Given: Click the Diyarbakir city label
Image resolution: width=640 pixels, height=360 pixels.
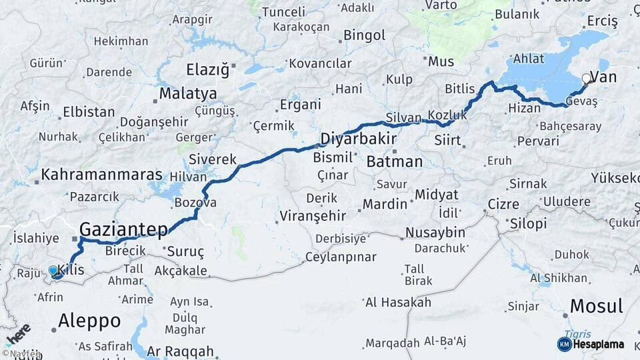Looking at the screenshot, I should coord(359,139).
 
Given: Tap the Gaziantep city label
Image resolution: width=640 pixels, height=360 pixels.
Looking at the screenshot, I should coord(124,229).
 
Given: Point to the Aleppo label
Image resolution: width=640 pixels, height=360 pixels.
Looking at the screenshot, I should coord(89,321).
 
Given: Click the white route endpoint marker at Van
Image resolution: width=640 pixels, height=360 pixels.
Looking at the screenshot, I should coord(587,79).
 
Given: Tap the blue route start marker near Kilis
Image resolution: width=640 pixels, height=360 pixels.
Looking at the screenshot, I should coord(54,271).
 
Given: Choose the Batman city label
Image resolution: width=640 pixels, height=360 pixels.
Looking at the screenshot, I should coord(395,161).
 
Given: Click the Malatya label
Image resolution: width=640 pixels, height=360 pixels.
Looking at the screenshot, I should coord(188,93).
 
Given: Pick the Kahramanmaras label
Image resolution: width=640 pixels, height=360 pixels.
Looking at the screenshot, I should coord(102,175).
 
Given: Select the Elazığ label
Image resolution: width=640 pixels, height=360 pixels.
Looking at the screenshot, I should coord(207,69).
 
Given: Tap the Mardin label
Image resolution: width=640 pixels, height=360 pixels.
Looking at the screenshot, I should coord(385,203).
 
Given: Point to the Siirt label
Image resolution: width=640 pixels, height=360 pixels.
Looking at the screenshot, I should coord(447,141).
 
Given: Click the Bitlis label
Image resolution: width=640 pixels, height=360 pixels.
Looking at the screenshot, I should coord(460,89).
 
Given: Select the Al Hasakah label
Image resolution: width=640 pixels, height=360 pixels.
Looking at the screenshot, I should coord(398,303).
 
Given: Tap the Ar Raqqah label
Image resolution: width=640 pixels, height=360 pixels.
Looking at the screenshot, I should coord(181,351).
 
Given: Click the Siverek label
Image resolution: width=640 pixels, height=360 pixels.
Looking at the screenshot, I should coord(213,159).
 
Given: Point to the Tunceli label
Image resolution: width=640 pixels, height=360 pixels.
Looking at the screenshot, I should coord(283,12).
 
